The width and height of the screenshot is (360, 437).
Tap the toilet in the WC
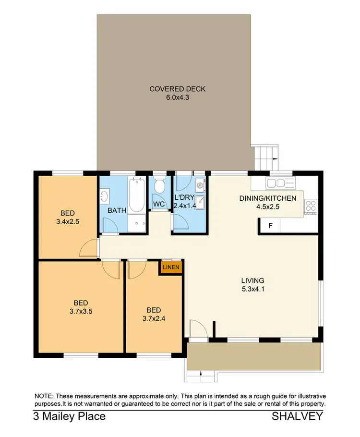point(160,186)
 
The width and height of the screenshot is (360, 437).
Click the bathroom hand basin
point(105,196)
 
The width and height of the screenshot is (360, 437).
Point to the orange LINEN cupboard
point(171,267)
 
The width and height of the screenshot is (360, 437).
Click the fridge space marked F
point(270,226)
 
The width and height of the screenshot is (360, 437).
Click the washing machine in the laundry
point(200,183)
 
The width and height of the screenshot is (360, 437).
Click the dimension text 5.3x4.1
point(253,290)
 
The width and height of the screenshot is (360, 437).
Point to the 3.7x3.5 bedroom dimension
point(80,311)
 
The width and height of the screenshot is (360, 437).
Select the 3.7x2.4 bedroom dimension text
point(154,318)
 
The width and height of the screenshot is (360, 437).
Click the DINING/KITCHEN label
point(268,198)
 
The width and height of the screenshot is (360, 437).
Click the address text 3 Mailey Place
point(70,416)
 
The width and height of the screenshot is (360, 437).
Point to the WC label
point(159,204)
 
